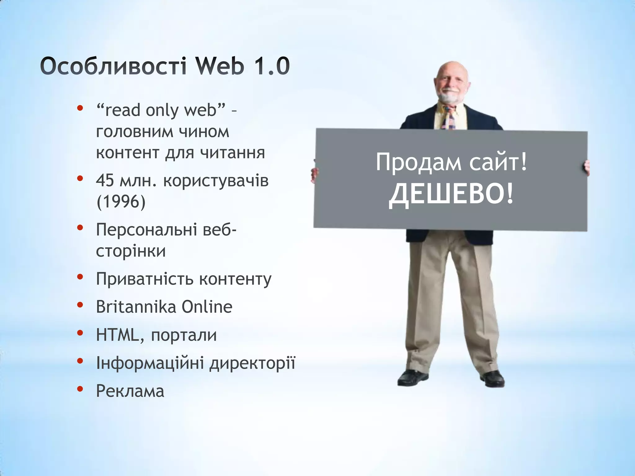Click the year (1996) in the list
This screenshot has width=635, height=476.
[121, 202]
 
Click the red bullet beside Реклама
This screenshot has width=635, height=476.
[80, 389]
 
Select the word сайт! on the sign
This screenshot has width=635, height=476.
[498, 162]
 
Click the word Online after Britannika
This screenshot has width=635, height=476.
[207, 307]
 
